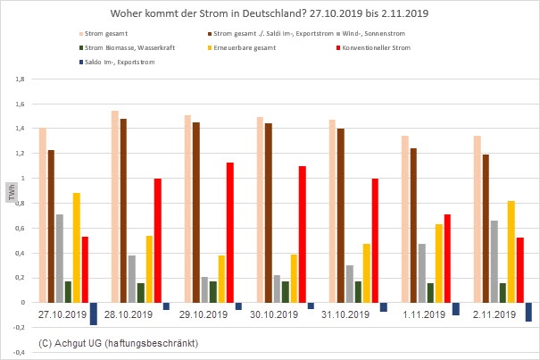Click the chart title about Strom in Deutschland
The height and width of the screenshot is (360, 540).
click(x=270, y=15)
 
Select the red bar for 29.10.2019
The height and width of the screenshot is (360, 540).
click(x=229, y=232)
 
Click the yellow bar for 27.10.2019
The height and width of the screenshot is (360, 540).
click(x=77, y=247)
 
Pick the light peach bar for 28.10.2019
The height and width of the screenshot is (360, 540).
click(x=115, y=206)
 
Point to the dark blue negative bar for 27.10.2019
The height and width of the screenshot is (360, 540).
click(x=94, y=314)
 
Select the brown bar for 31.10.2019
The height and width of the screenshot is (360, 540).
click(x=341, y=215)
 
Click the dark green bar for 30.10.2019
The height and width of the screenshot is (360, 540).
click(x=285, y=291)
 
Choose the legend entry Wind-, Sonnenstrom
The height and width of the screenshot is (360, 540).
click(x=376, y=33)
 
